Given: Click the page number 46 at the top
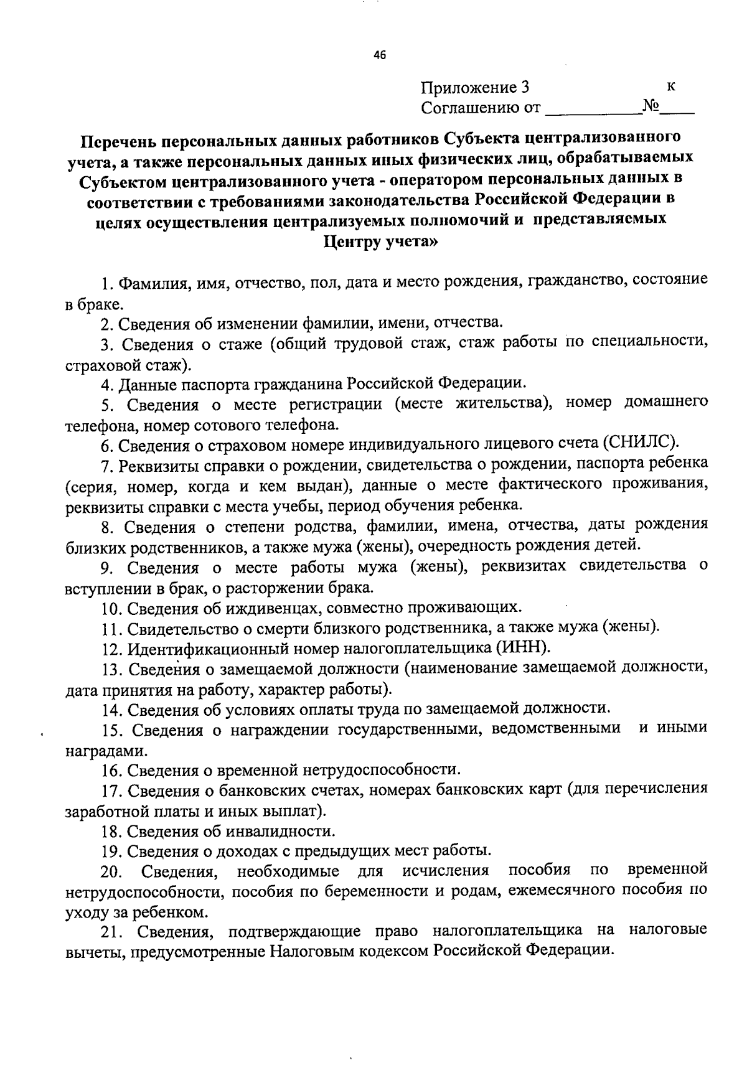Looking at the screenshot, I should tap(380, 55).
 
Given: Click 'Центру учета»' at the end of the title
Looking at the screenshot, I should tap(380, 242).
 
